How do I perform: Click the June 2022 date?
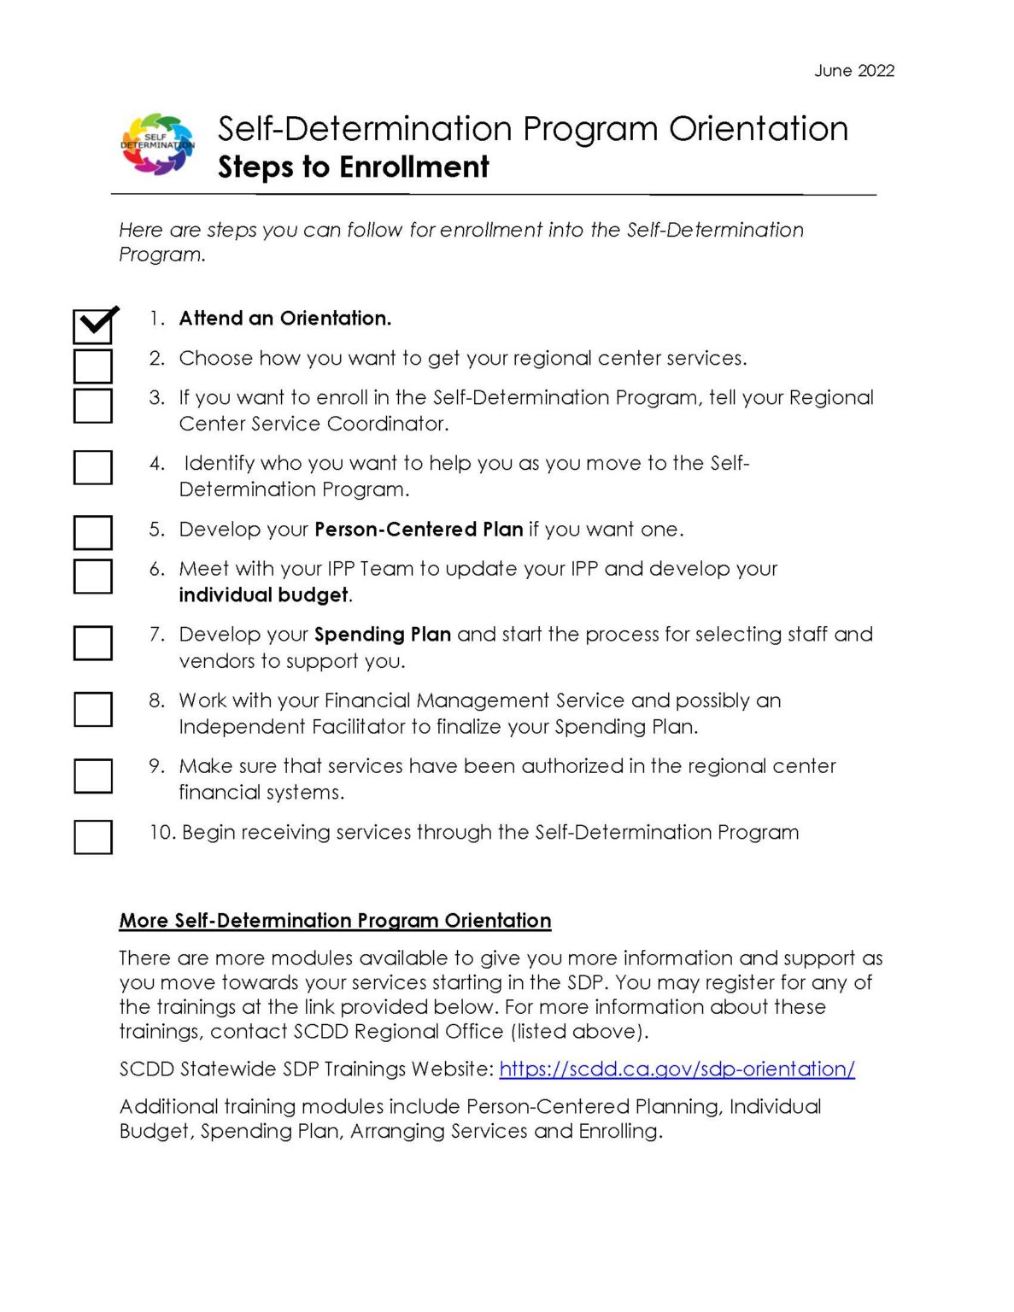(853, 71)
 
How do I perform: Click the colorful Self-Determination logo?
(157, 144)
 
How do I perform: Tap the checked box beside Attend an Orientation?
(93, 325)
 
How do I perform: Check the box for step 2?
(93, 366)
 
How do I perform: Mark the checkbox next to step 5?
(93, 532)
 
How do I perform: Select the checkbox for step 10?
(93, 836)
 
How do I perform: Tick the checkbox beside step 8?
(93, 709)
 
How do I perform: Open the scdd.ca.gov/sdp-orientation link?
(677, 1069)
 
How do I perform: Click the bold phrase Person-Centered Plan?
(419, 530)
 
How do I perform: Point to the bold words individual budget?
(263, 595)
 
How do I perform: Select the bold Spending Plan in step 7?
(383, 635)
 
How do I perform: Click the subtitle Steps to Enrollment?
(353, 167)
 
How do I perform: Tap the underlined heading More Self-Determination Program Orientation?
(335, 921)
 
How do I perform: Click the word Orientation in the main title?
(759, 129)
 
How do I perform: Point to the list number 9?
(156, 766)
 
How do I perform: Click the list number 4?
(156, 464)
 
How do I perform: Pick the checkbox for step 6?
(93, 576)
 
